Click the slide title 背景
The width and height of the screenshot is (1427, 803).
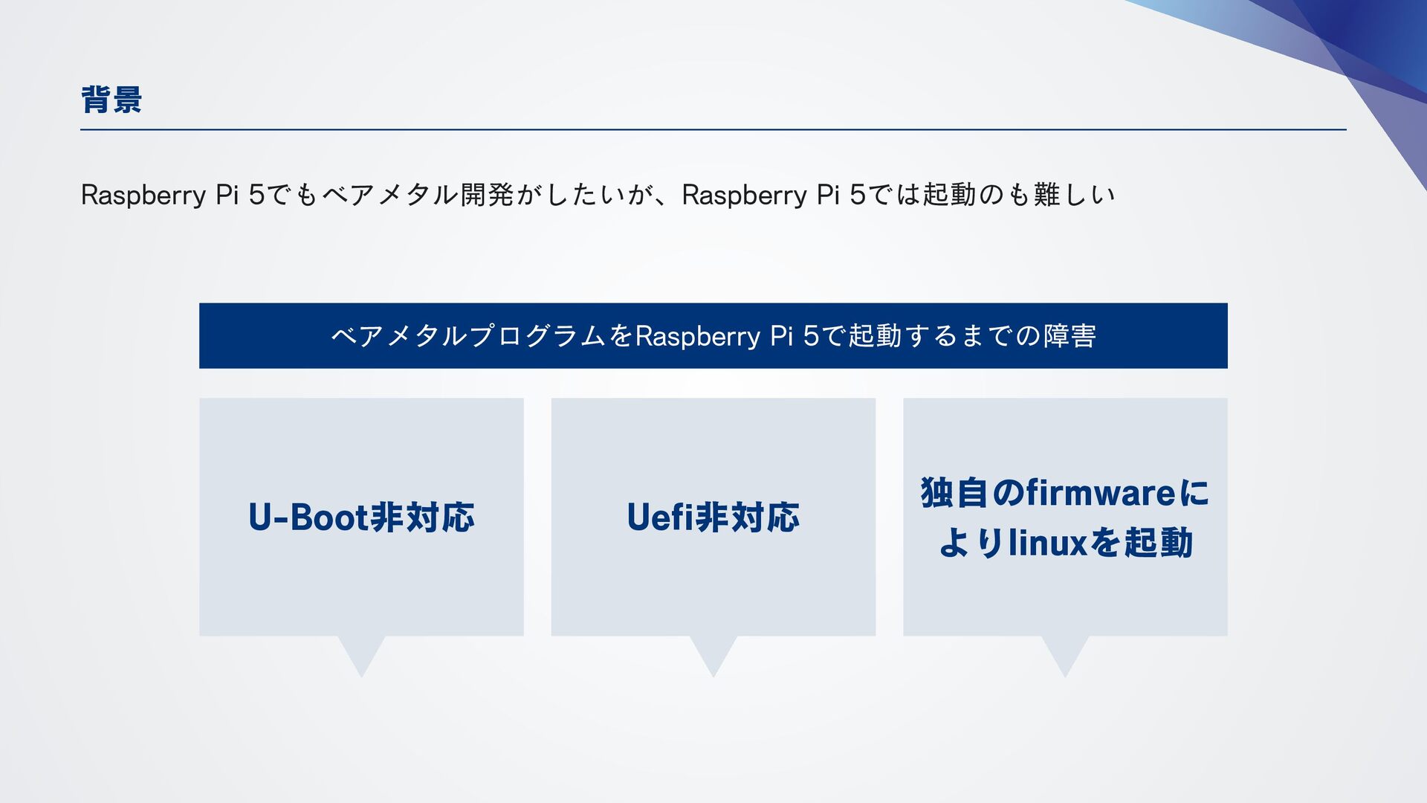pyautogui.click(x=111, y=100)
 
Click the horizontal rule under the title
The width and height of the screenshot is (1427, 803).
pyautogui.click(x=713, y=129)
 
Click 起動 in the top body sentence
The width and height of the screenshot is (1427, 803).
pyautogui.click(x=949, y=195)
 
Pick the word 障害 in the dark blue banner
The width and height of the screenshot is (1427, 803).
pyautogui.click(x=1070, y=336)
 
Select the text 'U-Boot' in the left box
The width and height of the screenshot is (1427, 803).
pyautogui.click(x=308, y=517)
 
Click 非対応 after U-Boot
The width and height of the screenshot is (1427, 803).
pyautogui.click(x=422, y=517)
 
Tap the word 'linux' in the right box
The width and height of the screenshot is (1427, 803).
pyautogui.click(x=1049, y=543)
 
